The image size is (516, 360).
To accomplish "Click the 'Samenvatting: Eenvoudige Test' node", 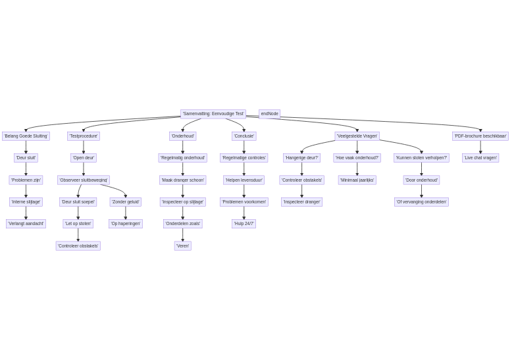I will (x=213, y=114).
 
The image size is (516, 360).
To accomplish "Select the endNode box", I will (x=269, y=114).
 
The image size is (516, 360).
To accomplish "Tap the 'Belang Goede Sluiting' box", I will (x=26, y=136).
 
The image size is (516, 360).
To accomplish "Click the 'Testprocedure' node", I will (x=84, y=136).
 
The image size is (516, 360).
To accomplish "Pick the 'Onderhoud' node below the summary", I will (x=182, y=136).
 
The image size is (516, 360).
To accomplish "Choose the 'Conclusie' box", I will (x=244, y=136).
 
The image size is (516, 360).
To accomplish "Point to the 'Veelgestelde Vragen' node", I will (x=357, y=136).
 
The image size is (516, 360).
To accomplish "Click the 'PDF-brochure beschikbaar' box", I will (x=480, y=136).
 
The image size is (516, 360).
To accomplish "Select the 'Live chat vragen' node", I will (x=480, y=158).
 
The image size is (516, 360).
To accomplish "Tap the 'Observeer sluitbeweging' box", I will (x=84, y=180).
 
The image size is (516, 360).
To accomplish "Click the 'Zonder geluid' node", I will (x=125, y=202).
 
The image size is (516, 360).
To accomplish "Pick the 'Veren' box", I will (x=182, y=246).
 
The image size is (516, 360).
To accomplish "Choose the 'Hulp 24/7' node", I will (x=244, y=224).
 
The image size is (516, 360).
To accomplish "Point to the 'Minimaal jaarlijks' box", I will (x=357, y=180).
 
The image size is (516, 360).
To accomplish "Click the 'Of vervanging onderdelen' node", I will (x=421, y=202).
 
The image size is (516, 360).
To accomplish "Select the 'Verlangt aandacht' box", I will (x=26, y=224).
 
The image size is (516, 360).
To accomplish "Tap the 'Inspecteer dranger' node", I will (x=301, y=202).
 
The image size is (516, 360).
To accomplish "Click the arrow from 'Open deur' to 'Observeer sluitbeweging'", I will (x=84, y=169).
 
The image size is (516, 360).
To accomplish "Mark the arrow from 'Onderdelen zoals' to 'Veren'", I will (x=182, y=235).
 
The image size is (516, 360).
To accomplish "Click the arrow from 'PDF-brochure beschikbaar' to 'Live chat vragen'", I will (x=480, y=147).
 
